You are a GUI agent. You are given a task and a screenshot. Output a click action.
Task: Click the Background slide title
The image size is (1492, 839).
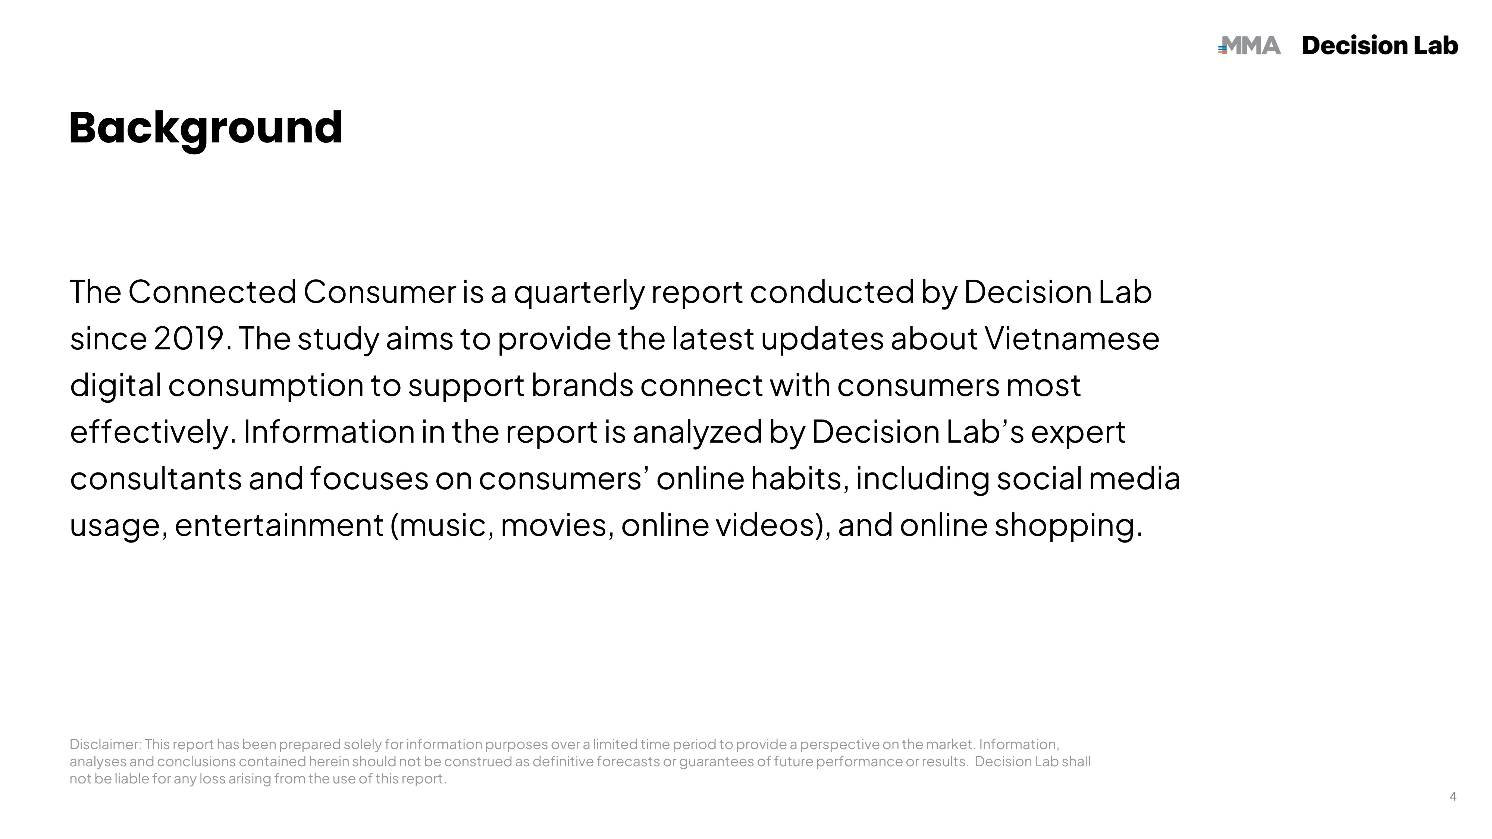206,129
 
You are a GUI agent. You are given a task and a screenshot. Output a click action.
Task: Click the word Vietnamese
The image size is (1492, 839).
1072,338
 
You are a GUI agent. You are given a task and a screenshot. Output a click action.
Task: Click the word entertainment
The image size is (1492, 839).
279,525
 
